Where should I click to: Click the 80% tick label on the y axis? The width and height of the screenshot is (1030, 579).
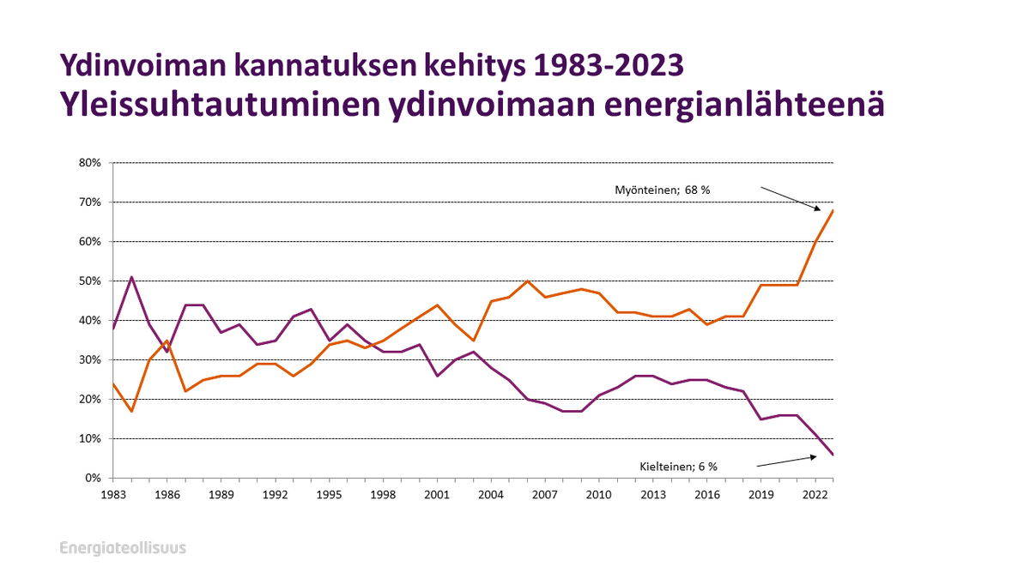[90, 163]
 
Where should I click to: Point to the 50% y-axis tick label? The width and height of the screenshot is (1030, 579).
[90, 281]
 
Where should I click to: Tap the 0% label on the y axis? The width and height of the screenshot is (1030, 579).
[93, 478]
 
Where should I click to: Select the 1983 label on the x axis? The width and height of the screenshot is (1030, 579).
[113, 495]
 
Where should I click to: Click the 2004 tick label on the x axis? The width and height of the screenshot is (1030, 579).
[490, 495]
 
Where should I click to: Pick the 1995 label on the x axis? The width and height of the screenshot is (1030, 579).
[329, 495]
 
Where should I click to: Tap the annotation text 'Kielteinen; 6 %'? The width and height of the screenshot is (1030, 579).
[678, 467]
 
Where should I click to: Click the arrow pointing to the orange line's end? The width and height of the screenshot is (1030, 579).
[791, 198]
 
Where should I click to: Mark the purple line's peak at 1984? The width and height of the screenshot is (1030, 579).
[131, 277]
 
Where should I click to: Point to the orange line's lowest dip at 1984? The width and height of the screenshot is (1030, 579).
[131, 411]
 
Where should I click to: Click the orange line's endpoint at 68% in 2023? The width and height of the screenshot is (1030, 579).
[832, 210]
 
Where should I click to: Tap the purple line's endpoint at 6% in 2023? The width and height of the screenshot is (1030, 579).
[832, 454]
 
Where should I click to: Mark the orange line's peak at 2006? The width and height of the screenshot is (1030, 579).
[527, 281]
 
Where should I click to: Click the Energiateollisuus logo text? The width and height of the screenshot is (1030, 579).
[123, 548]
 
